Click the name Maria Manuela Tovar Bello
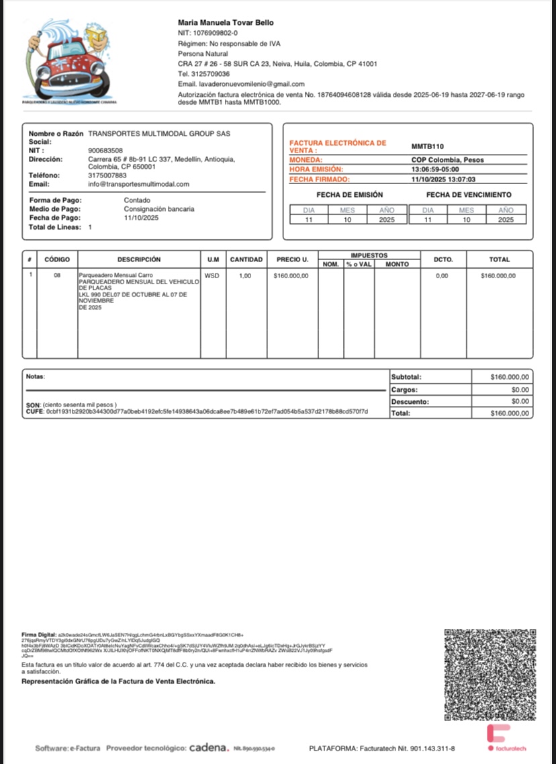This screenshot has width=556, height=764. pyautogui.click(x=226, y=23)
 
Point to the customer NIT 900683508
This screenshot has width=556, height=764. pyautogui.click(x=105, y=151)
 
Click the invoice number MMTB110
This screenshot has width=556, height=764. pyautogui.click(x=427, y=146)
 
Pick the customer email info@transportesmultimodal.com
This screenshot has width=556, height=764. pyautogui.click(x=139, y=184)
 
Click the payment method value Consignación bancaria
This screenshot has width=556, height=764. pyautogui.click(x=159, y=209)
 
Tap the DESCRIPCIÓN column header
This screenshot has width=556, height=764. pyautogui.click(x=139, y=259)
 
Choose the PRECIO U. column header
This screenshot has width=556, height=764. pyautogui.click(x=292, y=259)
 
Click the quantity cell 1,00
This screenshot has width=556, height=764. pyautogui.click(x=245, y=275)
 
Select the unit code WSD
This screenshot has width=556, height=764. pyautogui.click(x=211, y=275)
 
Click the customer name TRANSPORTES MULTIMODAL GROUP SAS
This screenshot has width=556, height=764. pyautogui.click(x=159, y=134)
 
